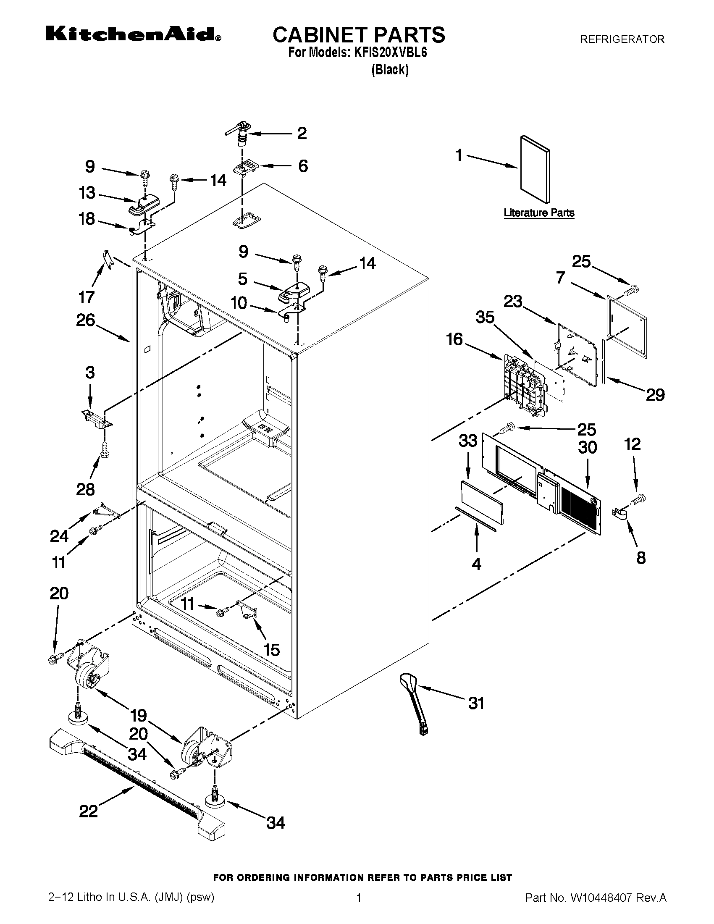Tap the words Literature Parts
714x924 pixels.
pyautogui.click(x=539, y=213)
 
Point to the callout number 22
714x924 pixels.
pyautogui.click(x=88, y=811)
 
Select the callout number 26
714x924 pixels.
pyautogui.click(x=85, y=320)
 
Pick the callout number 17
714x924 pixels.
pyautogui.click(x=86, y=297)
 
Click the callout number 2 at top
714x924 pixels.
pyautogui.click(x=302, y=133)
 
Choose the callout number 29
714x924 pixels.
pyautogui.click(x=655, y=395)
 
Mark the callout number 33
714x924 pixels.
pyautogui.click(x=468, y=441)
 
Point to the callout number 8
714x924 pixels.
pyautogui.click(x=641, y=558)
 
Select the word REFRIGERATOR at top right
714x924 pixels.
pyautogui.click(x=622, y=39)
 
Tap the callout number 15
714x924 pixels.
pyautogui.click(x=271, y=649)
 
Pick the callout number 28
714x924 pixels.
pyautogui.click(x=85, y=489)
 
